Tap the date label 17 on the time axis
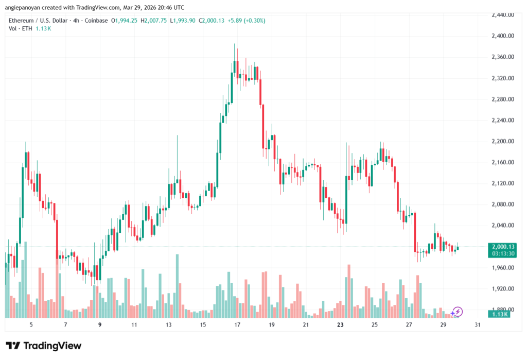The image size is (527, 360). pyautogui.click(x=237, y=325)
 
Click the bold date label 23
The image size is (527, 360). pyautogui.click(x=340, y=325)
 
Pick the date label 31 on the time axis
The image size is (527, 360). pyautogui.click(x=478, y=325)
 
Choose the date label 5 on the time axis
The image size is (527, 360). pyautogui.click(x=31, y=325)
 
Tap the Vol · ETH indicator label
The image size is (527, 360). pyautogui.click(x=20, y=28)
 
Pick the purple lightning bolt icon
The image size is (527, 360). pyautogui.click(x=458, y=312)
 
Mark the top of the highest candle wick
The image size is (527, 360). pyautogui.click(x=235, y=44)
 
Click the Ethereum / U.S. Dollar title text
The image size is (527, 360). pyautogui.click(x=40, y=20)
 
